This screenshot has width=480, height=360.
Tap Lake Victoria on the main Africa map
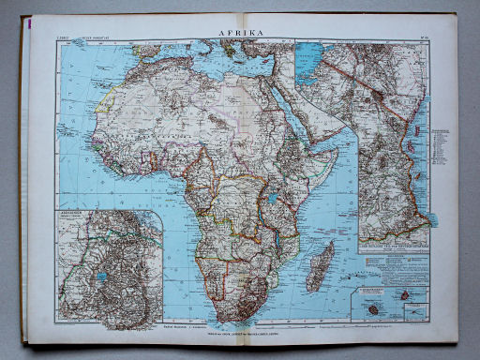point(272,199)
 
